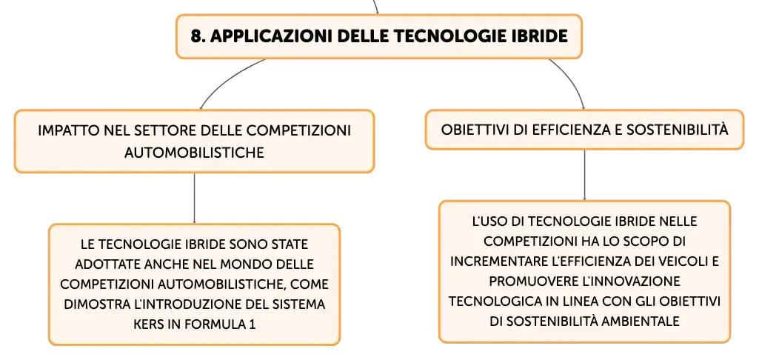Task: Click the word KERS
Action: click(x=148, y=324)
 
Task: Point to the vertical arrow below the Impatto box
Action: click(x=194, y=198)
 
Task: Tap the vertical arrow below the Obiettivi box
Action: click(x=585, y=175)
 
